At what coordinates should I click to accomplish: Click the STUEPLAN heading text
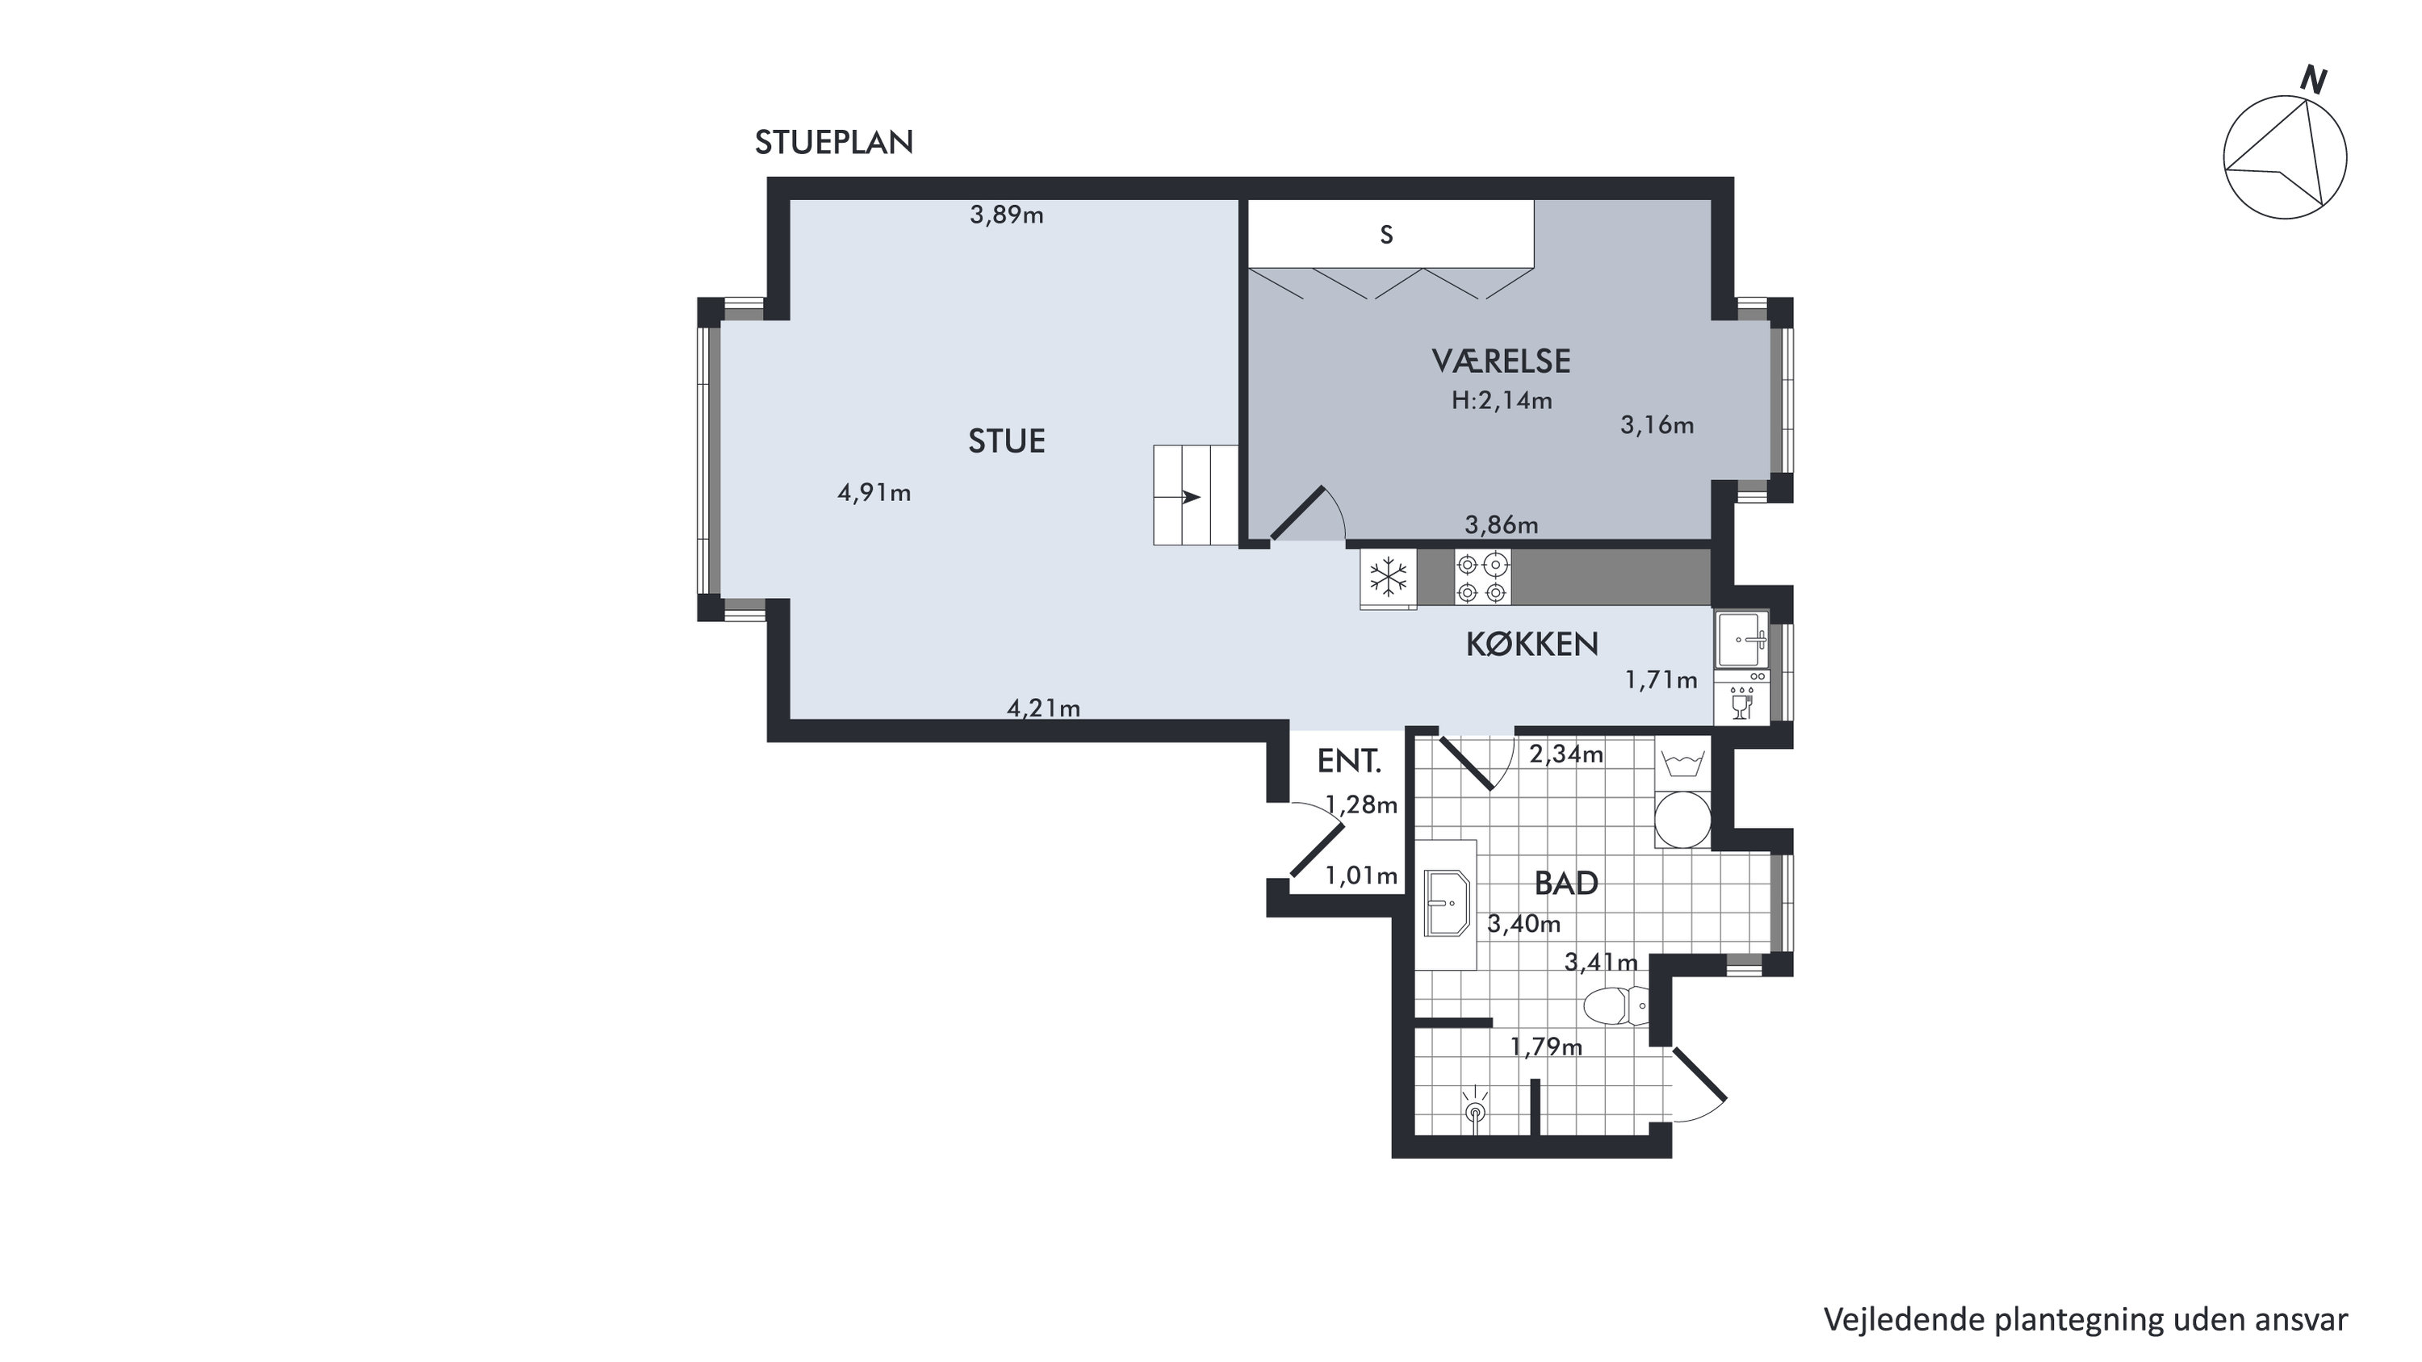(834, 143)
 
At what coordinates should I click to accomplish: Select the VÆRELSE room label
(1502, 361)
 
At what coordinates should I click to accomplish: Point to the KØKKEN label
(1532, 645)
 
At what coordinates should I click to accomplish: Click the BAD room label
(1566, 884)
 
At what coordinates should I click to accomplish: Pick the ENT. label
(1349, 762)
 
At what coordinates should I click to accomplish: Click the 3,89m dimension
(1007, 215)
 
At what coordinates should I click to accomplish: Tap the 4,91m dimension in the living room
(874, 492)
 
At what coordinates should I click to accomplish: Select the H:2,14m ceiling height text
(1502, 401)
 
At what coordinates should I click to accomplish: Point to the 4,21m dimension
(1044, 708)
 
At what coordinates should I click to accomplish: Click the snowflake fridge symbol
(1389, 577)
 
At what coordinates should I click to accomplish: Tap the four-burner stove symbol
(1483, 577)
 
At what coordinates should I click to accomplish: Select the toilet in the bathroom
(1615, 1005)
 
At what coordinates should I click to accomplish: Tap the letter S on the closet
(1386, 235)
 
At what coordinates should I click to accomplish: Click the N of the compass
(2314, 81)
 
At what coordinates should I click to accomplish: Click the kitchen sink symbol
(1741, 639)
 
